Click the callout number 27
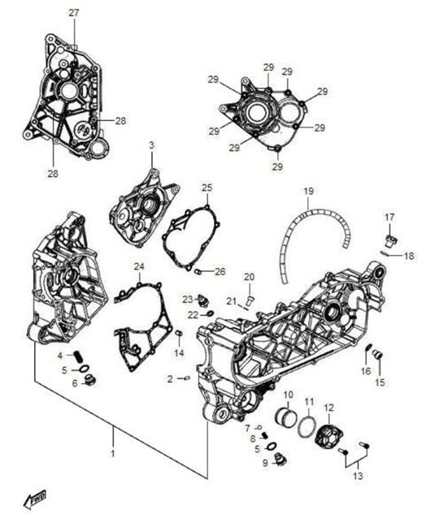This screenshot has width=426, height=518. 74,12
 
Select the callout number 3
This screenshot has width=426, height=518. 150,145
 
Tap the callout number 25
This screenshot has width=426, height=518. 206,188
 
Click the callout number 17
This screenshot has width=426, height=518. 389,217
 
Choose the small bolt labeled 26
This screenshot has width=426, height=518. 197,270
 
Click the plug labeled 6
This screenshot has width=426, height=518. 91,380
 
